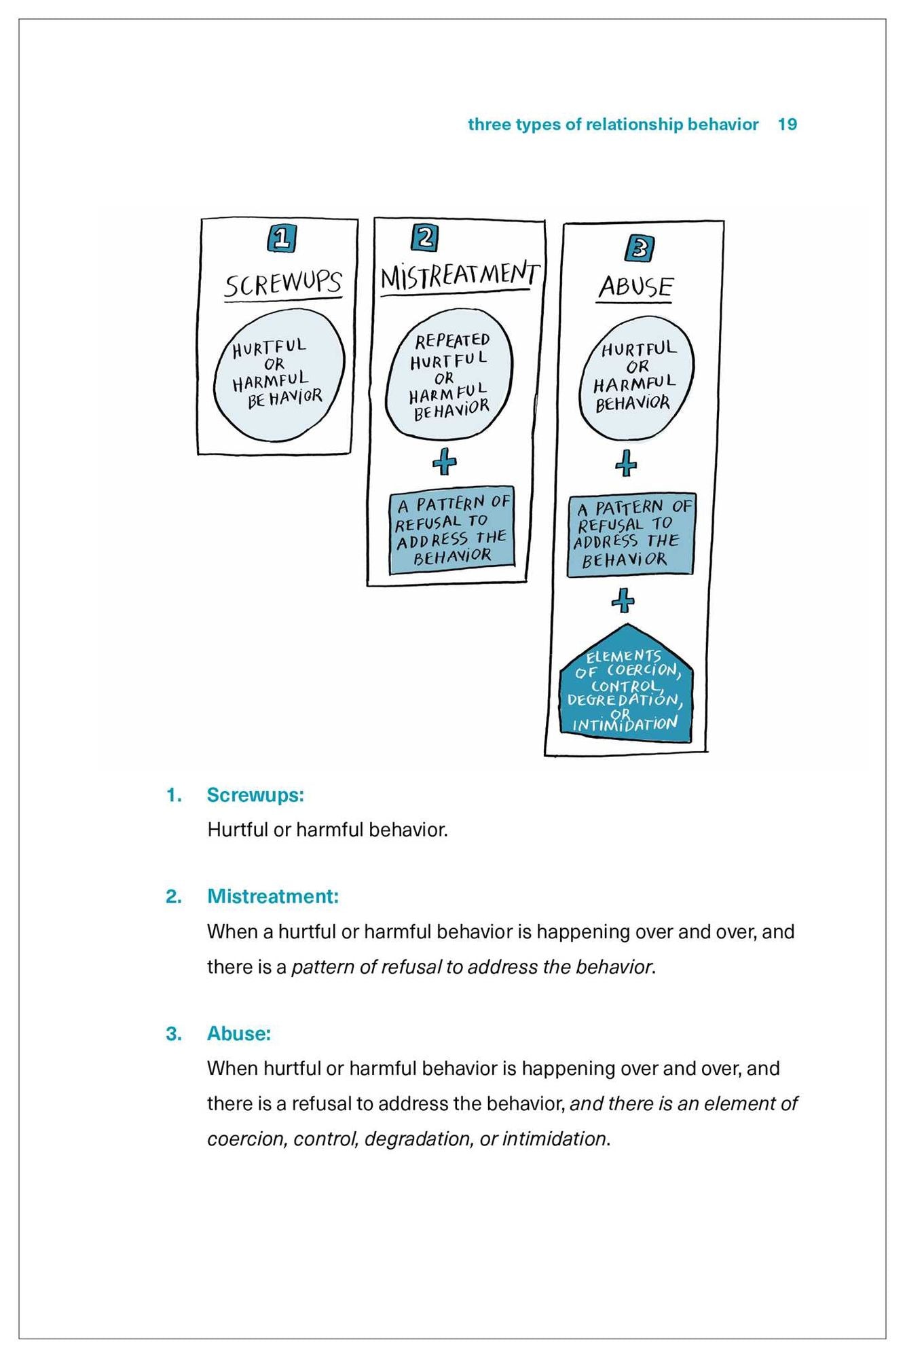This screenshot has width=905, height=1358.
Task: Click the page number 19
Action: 787,124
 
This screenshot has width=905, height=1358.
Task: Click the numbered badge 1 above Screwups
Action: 282,238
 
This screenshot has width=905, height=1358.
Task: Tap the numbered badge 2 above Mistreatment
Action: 425,238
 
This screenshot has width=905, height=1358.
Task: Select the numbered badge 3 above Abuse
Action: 639,249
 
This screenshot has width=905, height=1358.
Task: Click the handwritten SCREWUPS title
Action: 283,284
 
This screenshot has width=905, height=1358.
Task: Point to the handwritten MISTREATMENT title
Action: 460,276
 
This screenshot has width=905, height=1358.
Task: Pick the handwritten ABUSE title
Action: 635,287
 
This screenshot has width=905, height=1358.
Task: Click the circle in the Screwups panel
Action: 279,375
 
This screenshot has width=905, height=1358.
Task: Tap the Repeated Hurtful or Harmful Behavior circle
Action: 449,375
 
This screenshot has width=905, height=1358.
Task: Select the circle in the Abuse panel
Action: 636,378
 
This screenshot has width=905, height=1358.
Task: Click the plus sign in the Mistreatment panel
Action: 445,463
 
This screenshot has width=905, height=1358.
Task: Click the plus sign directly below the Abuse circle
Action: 626,464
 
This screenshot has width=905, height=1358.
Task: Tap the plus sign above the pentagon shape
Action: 623,601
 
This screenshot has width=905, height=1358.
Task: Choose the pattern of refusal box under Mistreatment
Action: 452,530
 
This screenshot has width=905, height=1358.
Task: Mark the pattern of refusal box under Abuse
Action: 631,534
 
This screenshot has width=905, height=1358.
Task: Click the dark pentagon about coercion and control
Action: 625,689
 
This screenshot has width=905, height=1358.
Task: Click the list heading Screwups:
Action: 255,795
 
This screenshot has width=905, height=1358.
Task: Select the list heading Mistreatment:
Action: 272,896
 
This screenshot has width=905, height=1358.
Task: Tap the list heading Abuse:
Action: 239,1033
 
